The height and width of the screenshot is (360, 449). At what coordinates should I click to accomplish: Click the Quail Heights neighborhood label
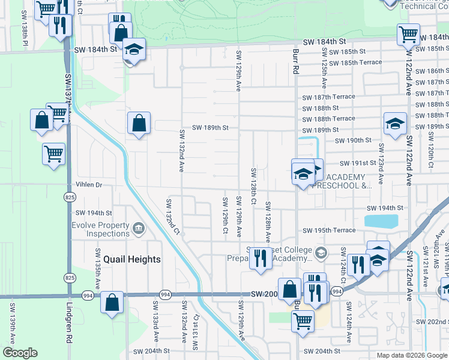point(131,259)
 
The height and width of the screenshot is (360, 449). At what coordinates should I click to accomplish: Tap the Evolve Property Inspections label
point(99,229)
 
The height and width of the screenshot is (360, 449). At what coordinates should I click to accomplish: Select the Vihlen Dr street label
point(89,185)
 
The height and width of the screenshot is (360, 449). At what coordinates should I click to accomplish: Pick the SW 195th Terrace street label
point(329,230)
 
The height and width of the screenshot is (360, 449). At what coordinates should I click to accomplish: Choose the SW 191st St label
point(358,163)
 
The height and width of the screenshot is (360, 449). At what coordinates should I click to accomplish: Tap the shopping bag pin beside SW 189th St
point(139,124)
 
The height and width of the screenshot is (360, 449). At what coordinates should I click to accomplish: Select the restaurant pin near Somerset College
point(260,258)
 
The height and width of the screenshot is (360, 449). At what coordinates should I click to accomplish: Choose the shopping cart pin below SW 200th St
point(303,320)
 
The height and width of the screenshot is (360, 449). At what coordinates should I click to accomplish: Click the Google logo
point(20,353)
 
